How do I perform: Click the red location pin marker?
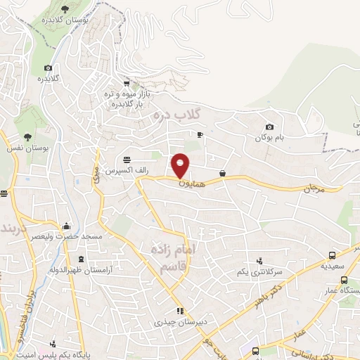181,166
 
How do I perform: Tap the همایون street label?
185,182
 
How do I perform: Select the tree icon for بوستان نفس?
27,137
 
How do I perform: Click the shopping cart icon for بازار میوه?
126,83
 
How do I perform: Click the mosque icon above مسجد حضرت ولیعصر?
66,226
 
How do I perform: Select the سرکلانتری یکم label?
259,271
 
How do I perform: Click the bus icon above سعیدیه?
333,256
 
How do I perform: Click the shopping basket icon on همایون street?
223,173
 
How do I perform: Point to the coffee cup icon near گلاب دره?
200,134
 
